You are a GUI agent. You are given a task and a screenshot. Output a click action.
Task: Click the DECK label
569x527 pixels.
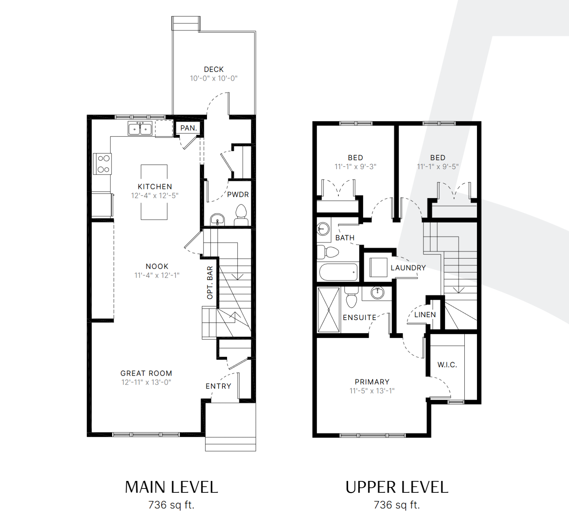pos(214,69)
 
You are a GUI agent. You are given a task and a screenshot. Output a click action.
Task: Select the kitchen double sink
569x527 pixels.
pos(140,128)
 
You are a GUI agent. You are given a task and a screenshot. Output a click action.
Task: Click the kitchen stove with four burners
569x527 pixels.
pos(102,164)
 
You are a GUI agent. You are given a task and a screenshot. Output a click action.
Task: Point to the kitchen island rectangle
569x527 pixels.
pos(154,192)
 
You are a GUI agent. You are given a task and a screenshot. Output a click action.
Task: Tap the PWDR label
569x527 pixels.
pos(238,194)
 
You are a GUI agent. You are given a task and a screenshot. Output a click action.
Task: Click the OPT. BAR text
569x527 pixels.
pos(210,283)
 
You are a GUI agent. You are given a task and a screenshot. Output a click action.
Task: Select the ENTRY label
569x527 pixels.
pos(218,386)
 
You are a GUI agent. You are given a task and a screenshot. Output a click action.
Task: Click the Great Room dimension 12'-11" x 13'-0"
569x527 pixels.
pos(146,382)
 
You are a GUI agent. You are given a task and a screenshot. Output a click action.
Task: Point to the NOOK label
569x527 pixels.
pos(157,266)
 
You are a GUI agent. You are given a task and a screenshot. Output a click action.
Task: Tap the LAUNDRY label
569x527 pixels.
pos(408,268)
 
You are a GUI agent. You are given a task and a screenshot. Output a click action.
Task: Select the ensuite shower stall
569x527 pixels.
pos(329,310)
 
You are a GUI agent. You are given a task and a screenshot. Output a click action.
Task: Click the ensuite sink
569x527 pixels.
pos(377,293)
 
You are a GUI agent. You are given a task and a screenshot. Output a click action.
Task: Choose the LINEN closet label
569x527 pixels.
pos(425,315)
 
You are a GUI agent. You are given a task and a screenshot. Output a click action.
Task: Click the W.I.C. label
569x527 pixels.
pos(447,365)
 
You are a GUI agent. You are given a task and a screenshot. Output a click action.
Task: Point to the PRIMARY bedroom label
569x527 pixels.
pos(372,382)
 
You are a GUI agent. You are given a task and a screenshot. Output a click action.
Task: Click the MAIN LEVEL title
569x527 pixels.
pos(171,487)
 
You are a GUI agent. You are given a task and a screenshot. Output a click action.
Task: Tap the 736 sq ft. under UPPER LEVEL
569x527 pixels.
pos(397,505)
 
